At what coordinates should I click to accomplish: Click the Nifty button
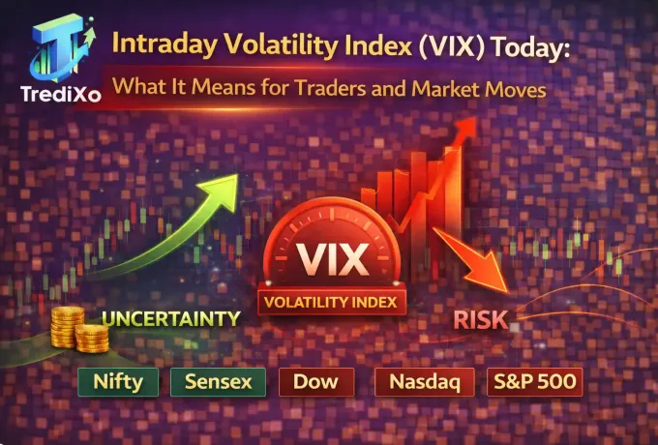[x=119, y=381]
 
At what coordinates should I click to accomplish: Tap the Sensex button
[x=219, y=381]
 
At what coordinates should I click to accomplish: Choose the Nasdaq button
[x=424, y=381]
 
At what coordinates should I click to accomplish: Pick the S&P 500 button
[x=534, y=381]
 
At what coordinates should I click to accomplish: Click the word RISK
[x=481, y=320]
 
